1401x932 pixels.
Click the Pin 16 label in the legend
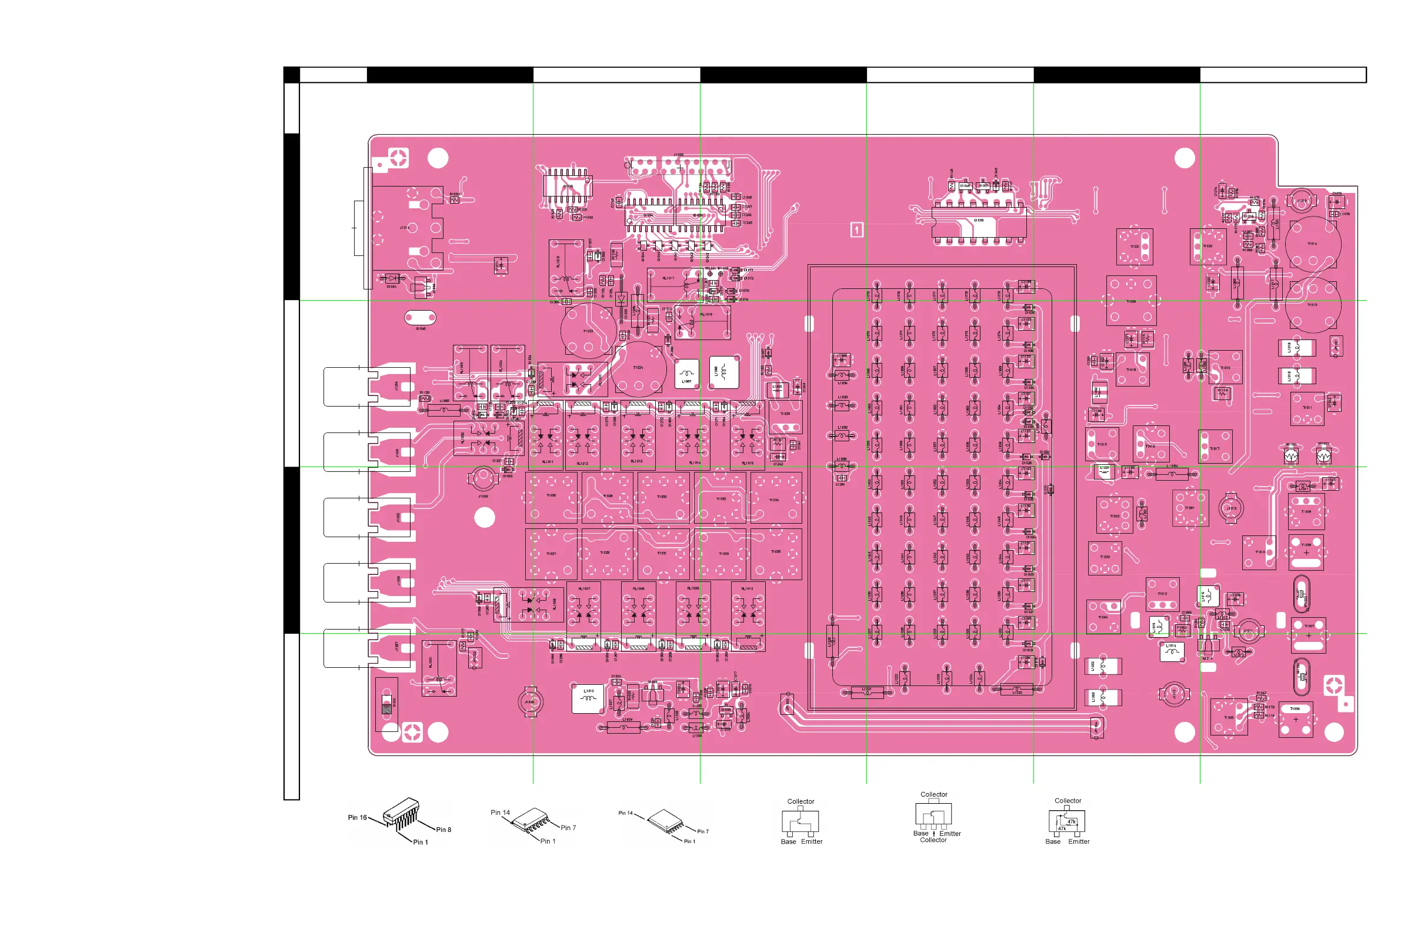click(x=357, y=817)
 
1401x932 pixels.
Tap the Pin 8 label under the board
click(x=443, y=830)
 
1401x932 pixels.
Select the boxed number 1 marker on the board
click(x=856, y=229)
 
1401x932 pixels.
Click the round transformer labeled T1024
click(x=638, y=369)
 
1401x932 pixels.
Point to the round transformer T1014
click(x=1312, y=244)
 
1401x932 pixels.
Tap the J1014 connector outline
click(x=408, y=228)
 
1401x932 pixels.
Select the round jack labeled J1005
click(x=529, y=702)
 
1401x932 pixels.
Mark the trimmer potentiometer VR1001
click(x=1290, y=455)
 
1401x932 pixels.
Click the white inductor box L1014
click(x=1171, y=651)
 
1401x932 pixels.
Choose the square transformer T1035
click(x=776, y=553)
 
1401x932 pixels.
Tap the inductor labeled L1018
click(x=1296, y=348)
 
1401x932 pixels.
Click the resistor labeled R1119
click(x=1222, y=393)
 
